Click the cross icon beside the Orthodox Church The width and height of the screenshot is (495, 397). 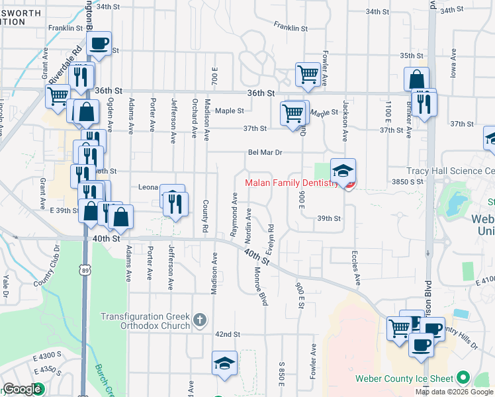tap(201, 321)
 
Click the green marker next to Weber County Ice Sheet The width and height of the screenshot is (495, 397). tap(463, 379)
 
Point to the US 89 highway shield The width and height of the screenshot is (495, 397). tap(83, 270)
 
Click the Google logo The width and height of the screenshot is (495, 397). tap(22, 389)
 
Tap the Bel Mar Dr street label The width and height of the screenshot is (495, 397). tap(265, 152)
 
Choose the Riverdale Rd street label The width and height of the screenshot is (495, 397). tap(73, 56)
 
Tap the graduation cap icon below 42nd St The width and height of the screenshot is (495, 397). tap(224, 364)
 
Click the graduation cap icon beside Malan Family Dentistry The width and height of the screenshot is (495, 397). tap(343, 171)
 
